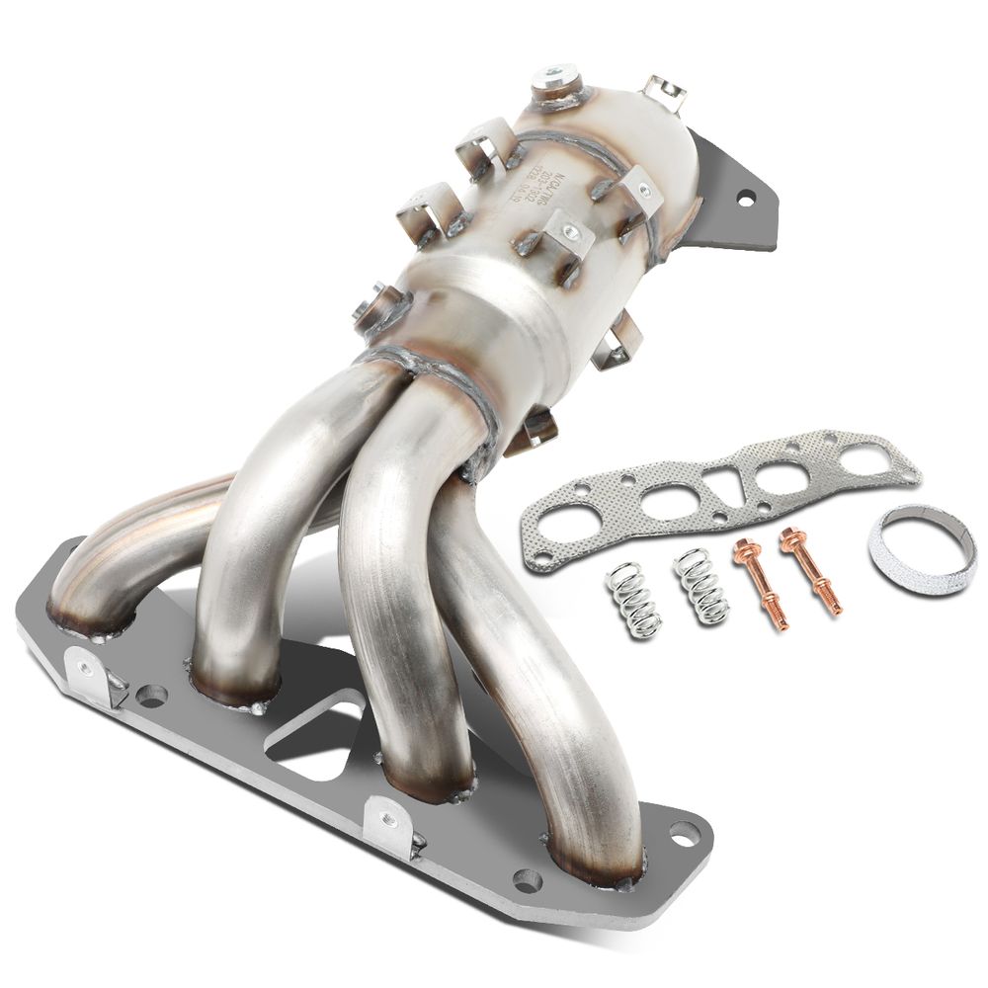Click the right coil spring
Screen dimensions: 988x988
pyautogui.click(x=701, y=586)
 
